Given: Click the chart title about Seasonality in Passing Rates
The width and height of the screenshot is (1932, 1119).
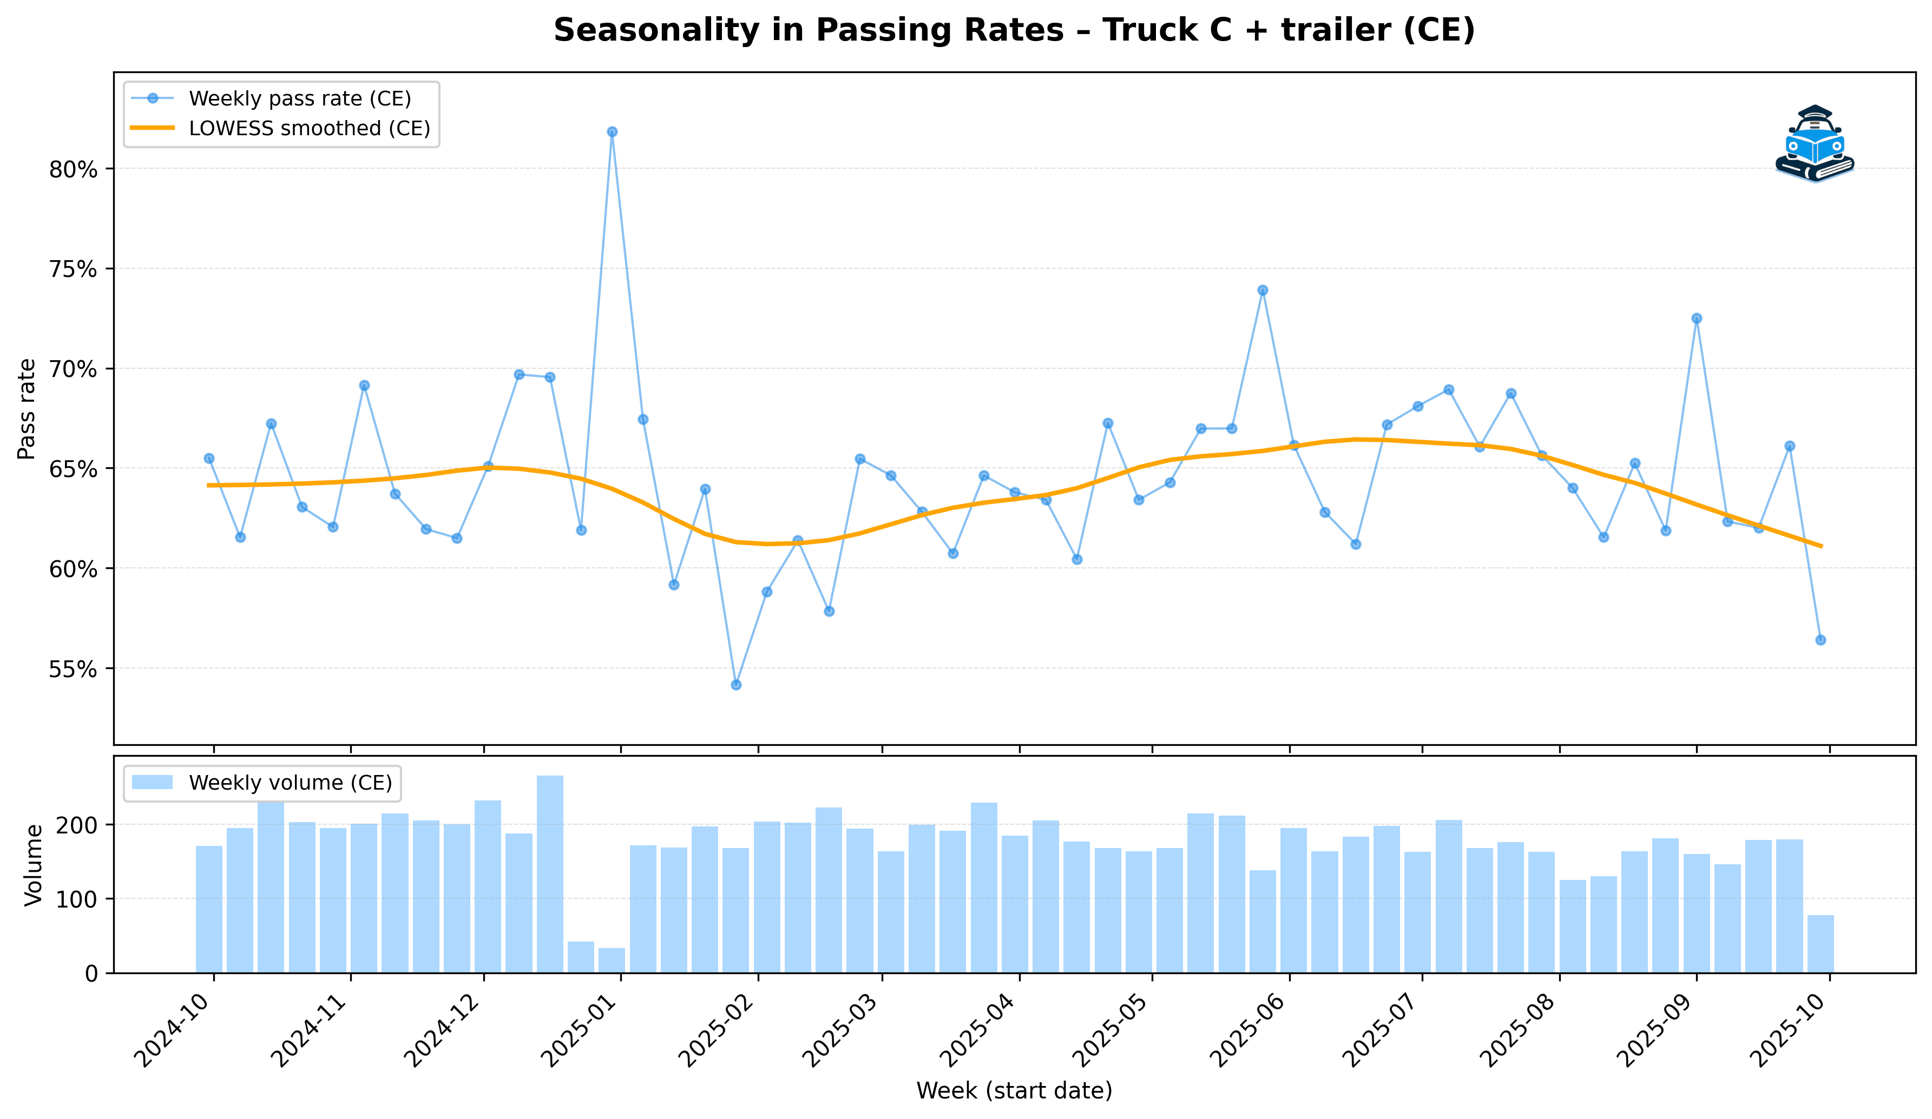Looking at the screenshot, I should tap(1014, 31).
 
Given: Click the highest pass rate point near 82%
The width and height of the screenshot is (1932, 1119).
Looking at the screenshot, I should tap(612, 132).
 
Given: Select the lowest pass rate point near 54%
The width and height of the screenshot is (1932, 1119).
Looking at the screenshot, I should tap(736, 684).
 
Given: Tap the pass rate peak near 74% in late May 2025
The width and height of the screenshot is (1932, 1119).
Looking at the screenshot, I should tap(1263, 290).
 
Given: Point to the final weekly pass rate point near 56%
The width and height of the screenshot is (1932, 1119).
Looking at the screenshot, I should tap(1821, 640).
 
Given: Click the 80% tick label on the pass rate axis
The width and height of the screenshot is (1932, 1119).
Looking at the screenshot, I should tap(74, 169).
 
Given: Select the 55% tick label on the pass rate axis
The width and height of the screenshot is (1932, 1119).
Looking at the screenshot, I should tap(74, 669).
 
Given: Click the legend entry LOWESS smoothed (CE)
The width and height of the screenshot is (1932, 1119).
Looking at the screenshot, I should tap(309, 129).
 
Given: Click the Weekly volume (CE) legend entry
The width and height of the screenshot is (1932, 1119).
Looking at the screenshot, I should tap(290, 783).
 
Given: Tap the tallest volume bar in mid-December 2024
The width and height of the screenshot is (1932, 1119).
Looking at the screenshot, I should tap(550, 874).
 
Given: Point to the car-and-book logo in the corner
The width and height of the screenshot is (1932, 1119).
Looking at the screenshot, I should tap(1814, 144).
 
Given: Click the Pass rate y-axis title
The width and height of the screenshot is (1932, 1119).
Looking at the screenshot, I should tap(27, 408).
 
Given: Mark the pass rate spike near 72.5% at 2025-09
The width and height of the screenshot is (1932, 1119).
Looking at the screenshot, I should tap(1697, 318).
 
